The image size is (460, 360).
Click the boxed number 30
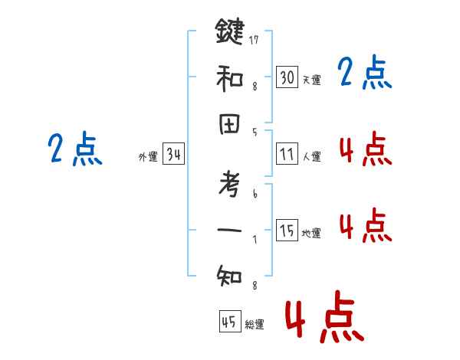coord(287,77)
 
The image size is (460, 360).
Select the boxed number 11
coord(287,155)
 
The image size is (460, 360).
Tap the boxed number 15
coord(287,231)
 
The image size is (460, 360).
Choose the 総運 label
coord(255,325)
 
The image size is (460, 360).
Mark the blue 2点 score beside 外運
coord(75,149)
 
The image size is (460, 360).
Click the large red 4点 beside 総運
coord(324,317)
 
